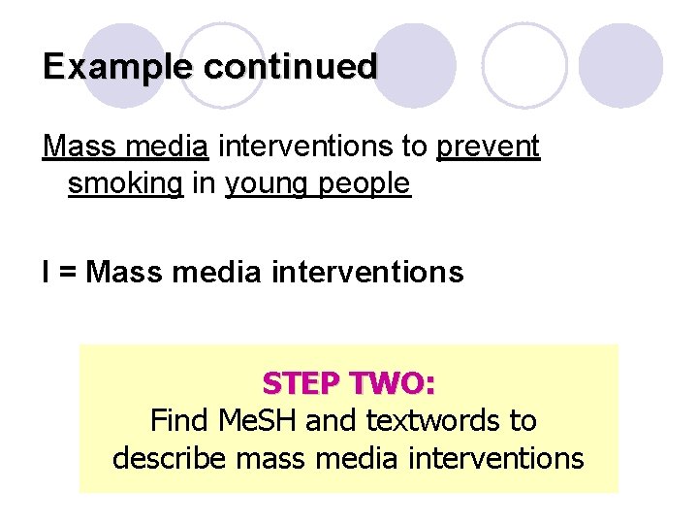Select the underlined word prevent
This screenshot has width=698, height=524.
pos(488,147)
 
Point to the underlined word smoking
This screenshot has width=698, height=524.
pos(125,183)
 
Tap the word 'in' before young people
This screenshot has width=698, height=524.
pos(204,183)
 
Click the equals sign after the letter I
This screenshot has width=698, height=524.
pos(68,273)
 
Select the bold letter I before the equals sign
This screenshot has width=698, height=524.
pos(47,273)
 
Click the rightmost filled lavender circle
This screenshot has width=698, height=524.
pos(621,65)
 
